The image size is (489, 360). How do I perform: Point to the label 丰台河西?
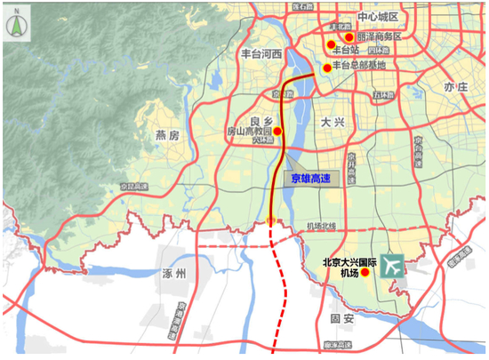[x=261, y=54]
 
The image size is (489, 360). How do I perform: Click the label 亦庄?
[x=455, y=85]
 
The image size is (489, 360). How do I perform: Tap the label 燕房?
[x=167, y=136]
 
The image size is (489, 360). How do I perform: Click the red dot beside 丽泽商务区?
[x=349, y=37]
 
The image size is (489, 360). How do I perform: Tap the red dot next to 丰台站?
[x=330, y=44]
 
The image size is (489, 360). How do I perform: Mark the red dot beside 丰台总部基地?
[x=326, y=68]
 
